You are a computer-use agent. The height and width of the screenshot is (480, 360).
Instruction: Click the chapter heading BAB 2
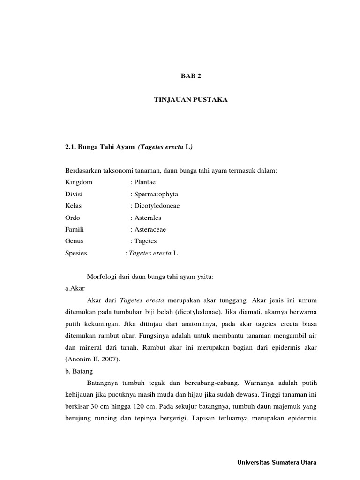[191, 75]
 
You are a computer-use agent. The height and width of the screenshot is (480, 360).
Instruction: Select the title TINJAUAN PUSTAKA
[191, 100]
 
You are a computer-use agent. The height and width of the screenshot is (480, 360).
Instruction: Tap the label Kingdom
[79, 182]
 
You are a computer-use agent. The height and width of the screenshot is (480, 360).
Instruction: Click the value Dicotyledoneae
[157, 206]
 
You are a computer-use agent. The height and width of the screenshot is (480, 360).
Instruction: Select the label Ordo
[73, 217]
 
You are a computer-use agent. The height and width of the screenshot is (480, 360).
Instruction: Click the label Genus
[75, 241]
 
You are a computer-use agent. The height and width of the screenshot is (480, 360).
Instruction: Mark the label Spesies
[76, 253]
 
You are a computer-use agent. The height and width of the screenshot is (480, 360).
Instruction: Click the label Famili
[75, 229]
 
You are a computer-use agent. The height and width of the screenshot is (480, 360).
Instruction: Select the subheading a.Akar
[75, 288]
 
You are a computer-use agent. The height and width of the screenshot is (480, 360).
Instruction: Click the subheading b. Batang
[79, 371]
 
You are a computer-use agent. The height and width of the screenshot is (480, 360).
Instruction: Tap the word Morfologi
[102, 277]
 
